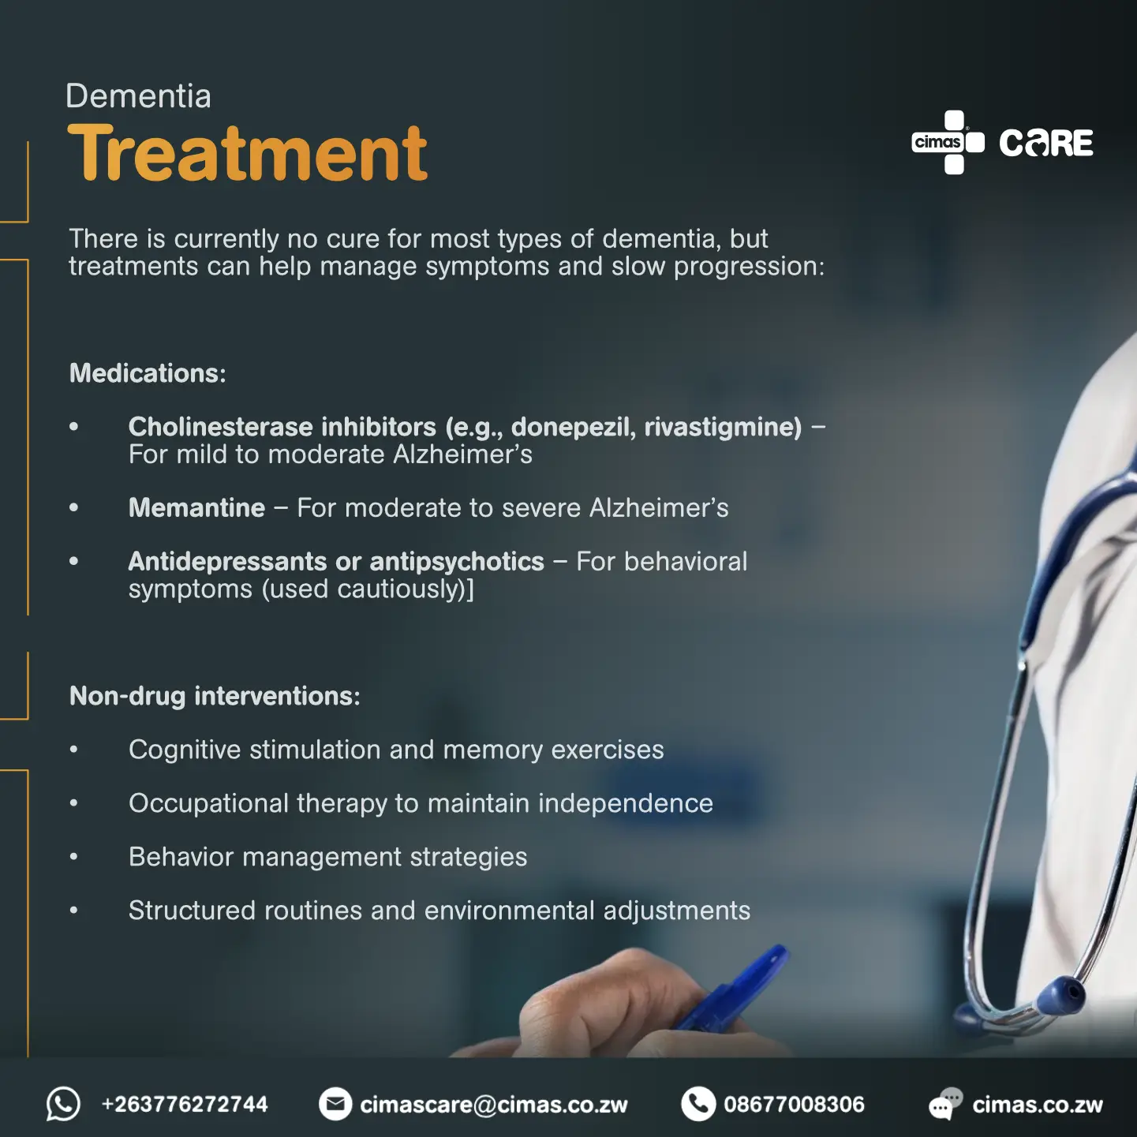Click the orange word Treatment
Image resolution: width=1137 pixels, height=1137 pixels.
[x=247, y=153]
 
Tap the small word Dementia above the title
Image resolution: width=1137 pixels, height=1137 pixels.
[x=138, y=95]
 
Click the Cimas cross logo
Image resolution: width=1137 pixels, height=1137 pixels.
[x=948, y=142]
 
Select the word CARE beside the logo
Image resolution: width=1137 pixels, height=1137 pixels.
[x=1046, y=143]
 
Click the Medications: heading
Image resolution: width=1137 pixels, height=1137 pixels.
[x=148, y=373]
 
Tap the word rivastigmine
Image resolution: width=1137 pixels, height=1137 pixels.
[x=723, y=428]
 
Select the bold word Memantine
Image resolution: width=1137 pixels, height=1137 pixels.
[x=196, y=507]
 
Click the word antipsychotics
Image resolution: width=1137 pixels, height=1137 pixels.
[x=457, y=563]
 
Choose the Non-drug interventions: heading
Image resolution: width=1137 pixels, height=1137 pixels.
[x=215, y=696]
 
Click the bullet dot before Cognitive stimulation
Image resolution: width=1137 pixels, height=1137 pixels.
[x=73, y=750]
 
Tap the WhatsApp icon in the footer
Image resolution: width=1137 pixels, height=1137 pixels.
[x=63, y=1104]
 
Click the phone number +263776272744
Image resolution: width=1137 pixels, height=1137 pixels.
[x=185, y=1105]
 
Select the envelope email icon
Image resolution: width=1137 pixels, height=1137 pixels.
[x=335, y=1104]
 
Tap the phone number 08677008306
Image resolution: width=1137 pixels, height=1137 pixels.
[x=795, y=1105]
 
